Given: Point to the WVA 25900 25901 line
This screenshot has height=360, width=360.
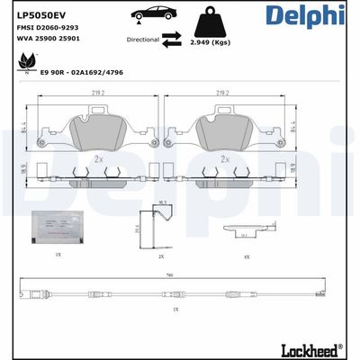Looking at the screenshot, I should click(49, 41).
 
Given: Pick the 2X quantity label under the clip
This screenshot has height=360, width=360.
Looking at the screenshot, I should click(161, 256).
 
